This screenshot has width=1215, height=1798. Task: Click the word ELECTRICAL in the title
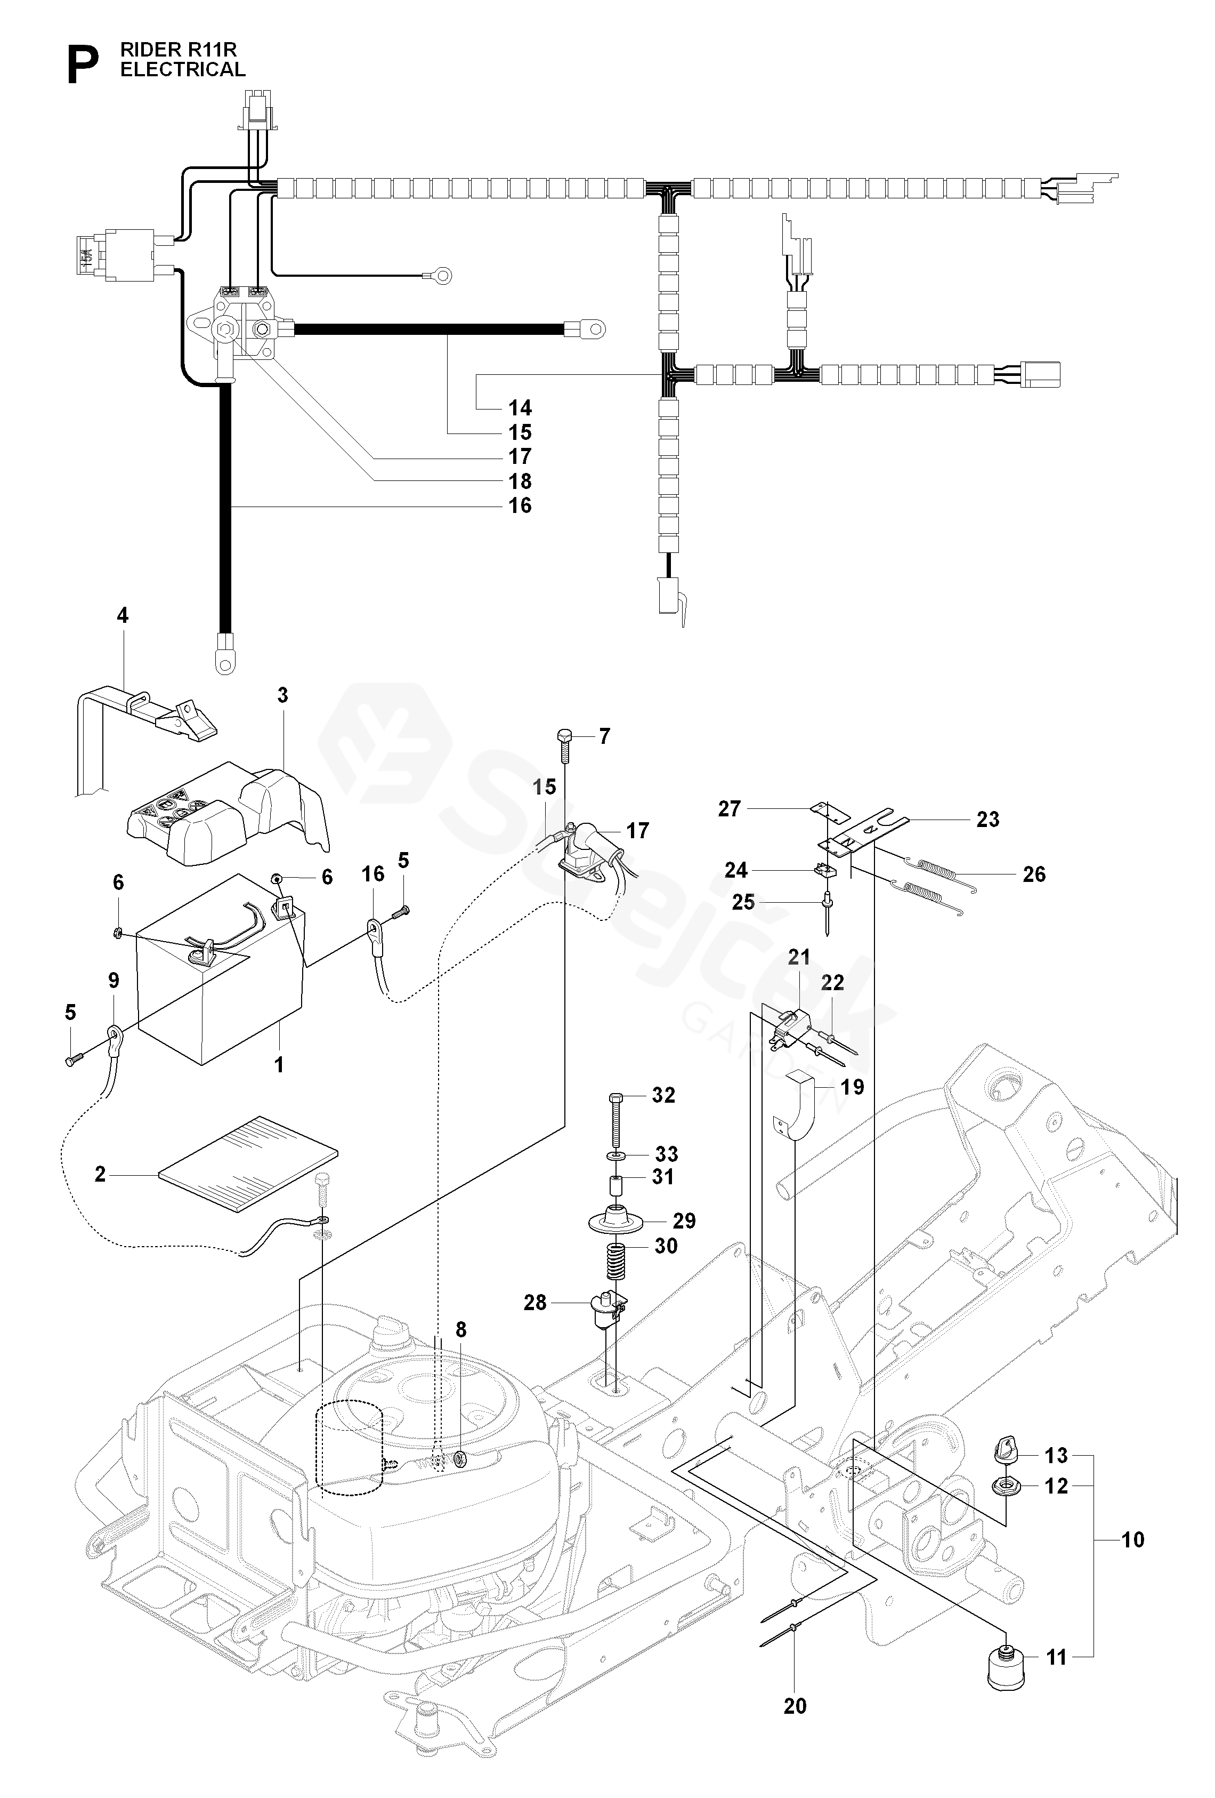[x=183, y=70]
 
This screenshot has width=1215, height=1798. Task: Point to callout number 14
[x=520, y=408]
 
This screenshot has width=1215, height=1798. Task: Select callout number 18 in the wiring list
[x=520, y=481]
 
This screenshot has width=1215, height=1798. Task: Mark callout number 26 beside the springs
[x=1033, y=874]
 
